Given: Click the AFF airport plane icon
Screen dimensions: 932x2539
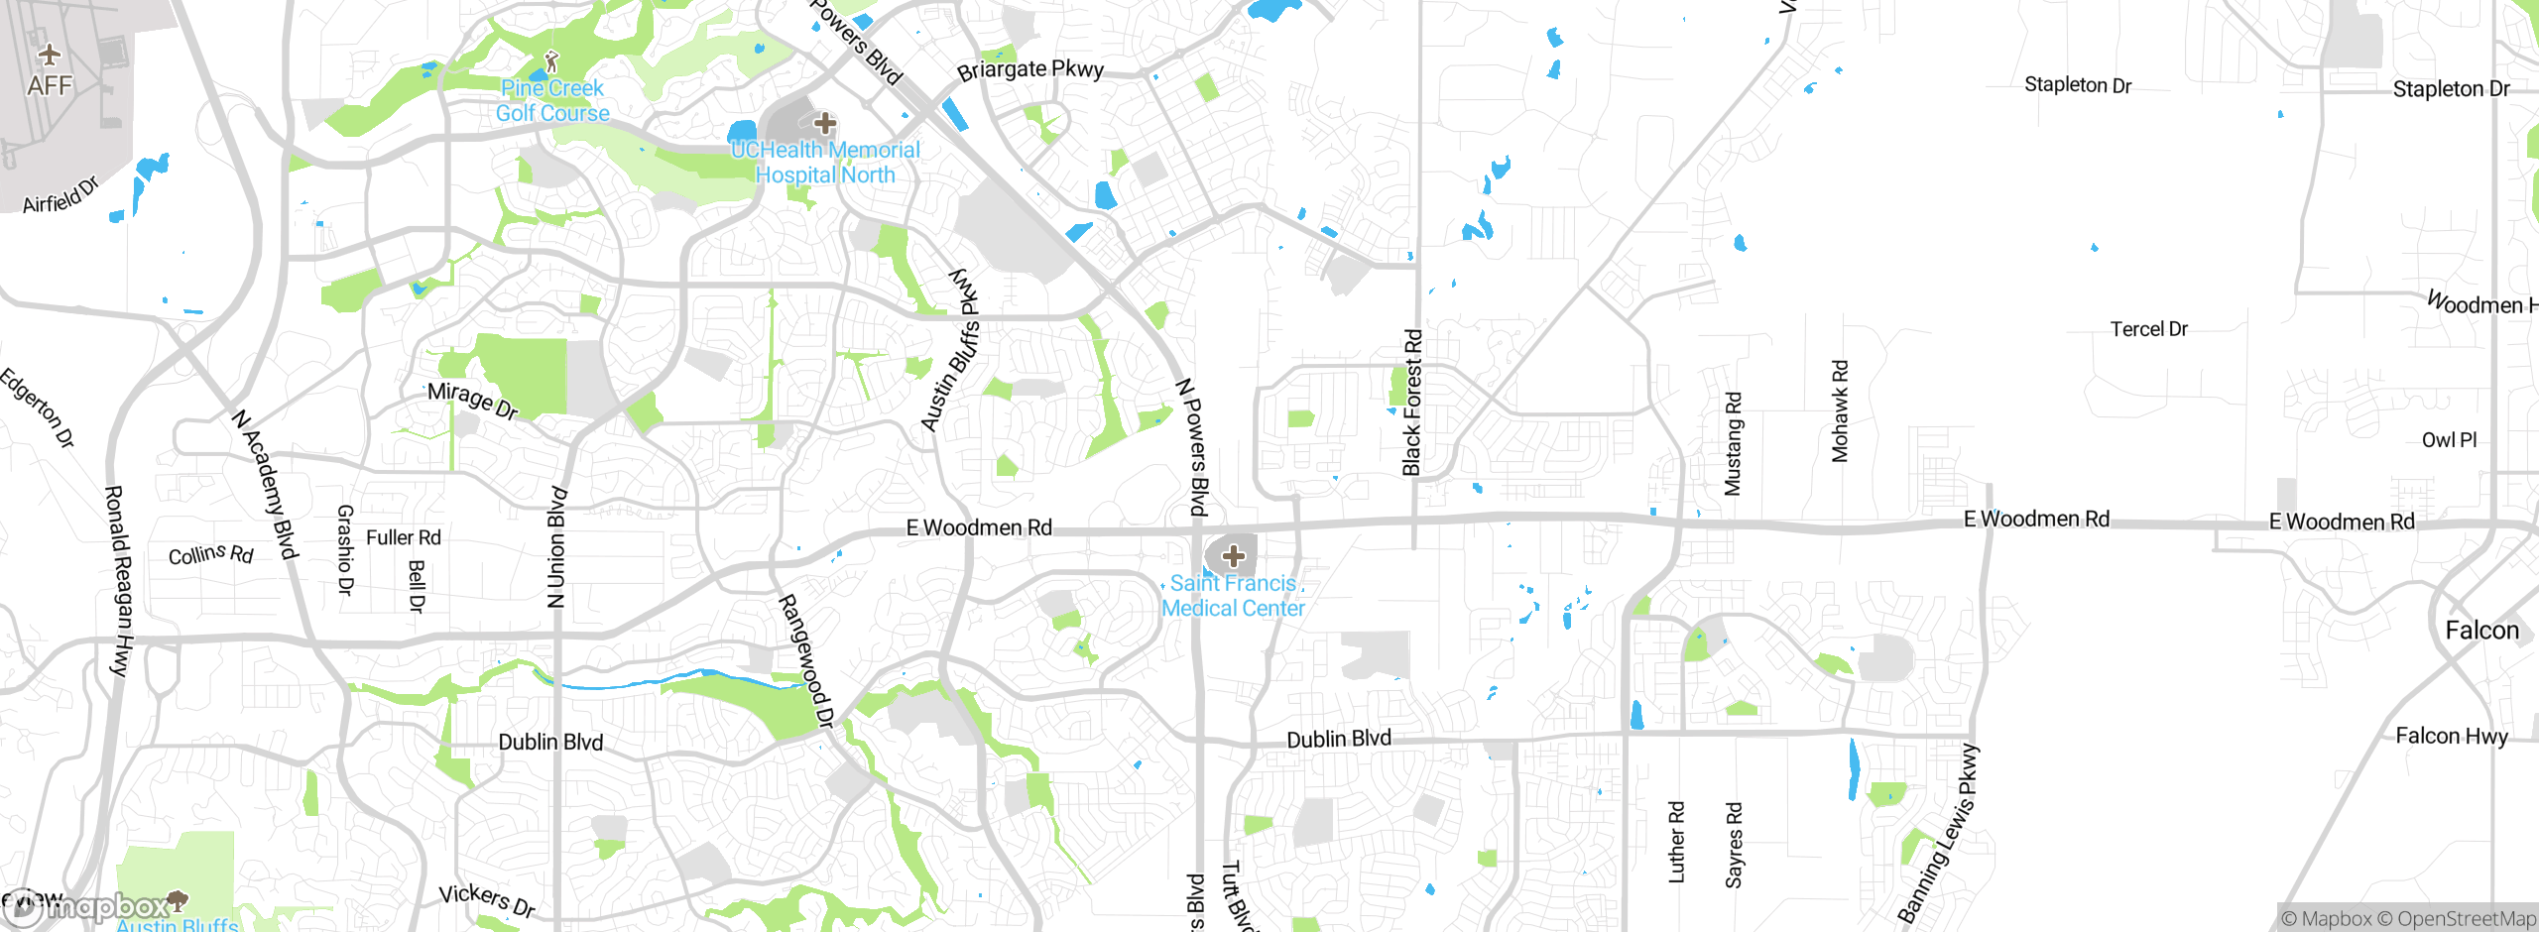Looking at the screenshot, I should pyautogui.click(x=49, y=55).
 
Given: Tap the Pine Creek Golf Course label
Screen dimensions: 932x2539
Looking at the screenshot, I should pyautogui.click(x=552, y=101).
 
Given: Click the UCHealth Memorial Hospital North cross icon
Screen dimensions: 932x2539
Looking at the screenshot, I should pyautogui.click(x=825, y=124).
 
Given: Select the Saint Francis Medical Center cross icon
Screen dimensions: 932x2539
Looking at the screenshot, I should pyautogui.click(x=1234, y=556).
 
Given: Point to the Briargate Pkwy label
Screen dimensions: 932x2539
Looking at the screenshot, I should pyautogui.click(x=1029, y=69).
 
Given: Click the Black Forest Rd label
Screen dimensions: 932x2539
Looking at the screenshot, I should pyautogui.click(x=1412, y=403).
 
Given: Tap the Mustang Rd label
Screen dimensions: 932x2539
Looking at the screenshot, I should pyautogui.click(x=1733, y=444).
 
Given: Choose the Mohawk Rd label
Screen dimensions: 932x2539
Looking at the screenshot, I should pyautogui.click(x=1840, y=411).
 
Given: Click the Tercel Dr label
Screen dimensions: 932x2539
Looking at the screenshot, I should pyautogui.click(x=2148, y=329).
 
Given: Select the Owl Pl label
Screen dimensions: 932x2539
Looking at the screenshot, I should pyautogui.click(x=2449, y=440).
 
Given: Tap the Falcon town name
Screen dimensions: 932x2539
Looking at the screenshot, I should pyautogui.click(x=2481, y=631).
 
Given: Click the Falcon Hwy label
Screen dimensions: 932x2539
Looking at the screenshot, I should pyautogui.click(x=2451, y=736).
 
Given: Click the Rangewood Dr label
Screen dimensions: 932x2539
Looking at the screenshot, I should pyautogui.click(x=805, y=661).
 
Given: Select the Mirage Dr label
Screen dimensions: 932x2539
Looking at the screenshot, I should pyautogui.click(x=472, y=401).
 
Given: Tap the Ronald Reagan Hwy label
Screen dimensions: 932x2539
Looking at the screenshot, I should pyautogui.click(x=118, y=581).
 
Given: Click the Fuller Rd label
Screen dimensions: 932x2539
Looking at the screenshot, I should pyautogui.click(x=403, y=537).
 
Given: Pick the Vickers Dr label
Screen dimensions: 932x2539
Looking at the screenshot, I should pyautogui.click(x=487, y=900).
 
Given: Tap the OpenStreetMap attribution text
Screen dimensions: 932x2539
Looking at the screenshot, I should pyautogui.click(x=2466, y=919).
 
